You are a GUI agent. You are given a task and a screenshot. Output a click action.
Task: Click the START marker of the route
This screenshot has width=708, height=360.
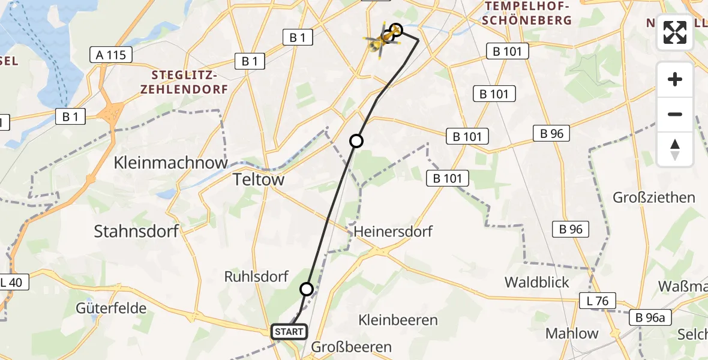pos(289,332)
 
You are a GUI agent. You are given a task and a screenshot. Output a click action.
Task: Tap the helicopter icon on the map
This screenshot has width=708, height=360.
pos(380,40)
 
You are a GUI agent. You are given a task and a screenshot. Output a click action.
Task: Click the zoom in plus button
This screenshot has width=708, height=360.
pos(675,79)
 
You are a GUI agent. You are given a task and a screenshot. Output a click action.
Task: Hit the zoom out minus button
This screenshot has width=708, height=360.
pos(675,114)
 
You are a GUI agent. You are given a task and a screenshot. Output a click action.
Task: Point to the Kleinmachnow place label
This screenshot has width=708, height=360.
pos(171,163)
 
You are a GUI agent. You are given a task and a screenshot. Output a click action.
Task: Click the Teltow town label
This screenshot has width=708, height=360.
pos(258,179)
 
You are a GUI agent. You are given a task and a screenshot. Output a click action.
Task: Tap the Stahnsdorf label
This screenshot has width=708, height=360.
pos(137,232)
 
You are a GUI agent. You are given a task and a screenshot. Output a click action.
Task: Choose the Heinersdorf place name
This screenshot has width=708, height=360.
pos(393,232)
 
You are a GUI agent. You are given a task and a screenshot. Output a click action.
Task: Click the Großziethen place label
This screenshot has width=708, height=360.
pos(654,197)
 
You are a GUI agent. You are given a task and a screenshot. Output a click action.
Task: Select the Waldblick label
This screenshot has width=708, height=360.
pos(537,282)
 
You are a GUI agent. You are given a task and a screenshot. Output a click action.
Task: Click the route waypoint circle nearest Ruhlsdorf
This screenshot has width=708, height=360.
pos(307,289)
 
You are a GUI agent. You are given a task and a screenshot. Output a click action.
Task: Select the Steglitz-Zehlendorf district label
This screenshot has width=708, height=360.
pos(190,82)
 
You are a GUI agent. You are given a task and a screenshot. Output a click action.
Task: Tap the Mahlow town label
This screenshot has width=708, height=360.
pos(572,334)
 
